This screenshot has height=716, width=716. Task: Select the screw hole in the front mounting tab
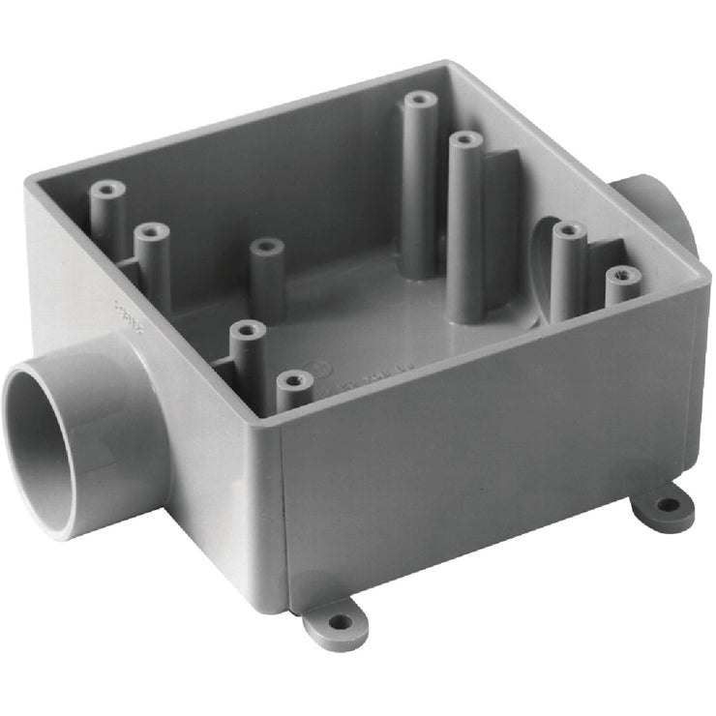[x=337, y=622]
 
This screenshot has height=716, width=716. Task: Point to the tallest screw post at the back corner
[x=418, y=101]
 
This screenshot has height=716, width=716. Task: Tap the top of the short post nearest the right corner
[x=622, y=275]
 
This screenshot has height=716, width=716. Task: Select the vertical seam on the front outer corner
[x=282, y=503]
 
